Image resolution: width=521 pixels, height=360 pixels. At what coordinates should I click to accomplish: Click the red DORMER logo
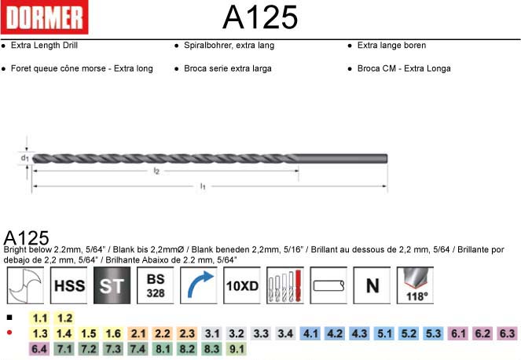(45, 17)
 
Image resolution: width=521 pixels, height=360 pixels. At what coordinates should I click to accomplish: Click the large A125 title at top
(260, 17)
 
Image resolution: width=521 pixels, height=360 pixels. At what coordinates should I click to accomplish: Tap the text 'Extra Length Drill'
(44, 46)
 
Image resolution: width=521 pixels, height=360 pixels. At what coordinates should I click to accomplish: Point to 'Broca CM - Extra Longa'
(404, 68)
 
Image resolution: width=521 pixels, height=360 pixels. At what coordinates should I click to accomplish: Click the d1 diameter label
(25, 158)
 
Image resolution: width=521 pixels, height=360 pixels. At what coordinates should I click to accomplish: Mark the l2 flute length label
(156, 171)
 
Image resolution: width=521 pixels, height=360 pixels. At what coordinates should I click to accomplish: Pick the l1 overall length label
(203, 186)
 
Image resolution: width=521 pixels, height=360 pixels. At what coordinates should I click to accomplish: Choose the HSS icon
(69, 285)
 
